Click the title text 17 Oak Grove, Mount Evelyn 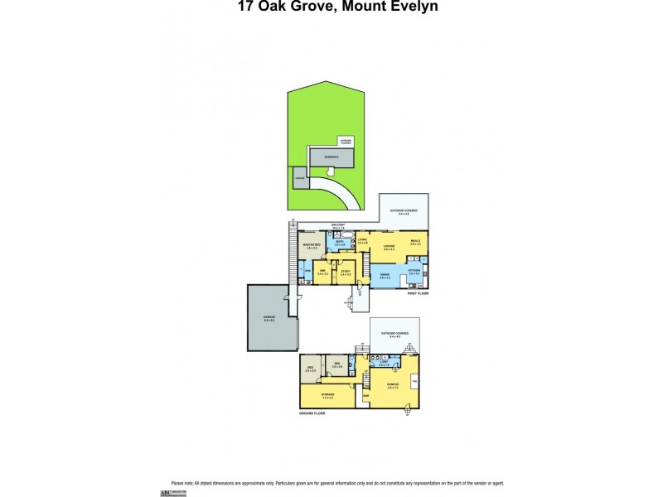(331, 7)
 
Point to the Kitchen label (414, 273)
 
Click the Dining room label (385, 276)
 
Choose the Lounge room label (388, 246)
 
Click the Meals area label (415, 243)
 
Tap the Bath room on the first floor (340, 244)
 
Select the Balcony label (337, 225)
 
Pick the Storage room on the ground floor (329, 396)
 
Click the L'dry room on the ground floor (384, 364)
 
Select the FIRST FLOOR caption (418, 293)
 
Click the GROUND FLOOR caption (313, 412)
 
